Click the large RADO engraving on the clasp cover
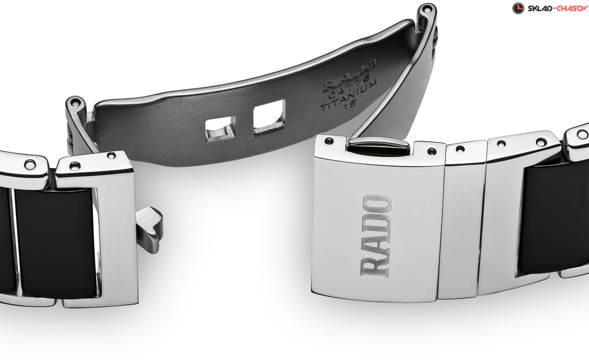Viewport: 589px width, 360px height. coord(375,235)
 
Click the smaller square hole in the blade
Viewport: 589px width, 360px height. coord(220,129)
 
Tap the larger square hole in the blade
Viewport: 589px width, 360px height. coord(269,117)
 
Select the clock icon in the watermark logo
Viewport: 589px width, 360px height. coord(518,8)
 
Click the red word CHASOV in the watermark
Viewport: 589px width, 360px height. coord(572,8)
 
